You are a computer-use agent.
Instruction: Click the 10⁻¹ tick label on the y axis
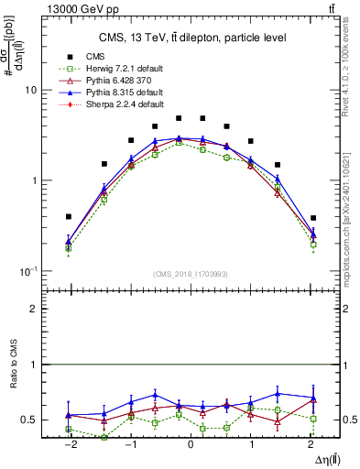point(27,271)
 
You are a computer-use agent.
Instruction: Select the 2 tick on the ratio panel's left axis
point(34,309)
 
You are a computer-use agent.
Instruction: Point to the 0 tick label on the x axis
point(191,445)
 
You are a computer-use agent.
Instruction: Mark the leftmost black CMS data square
point(69,217)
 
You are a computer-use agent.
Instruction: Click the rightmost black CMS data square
point(313,218)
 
